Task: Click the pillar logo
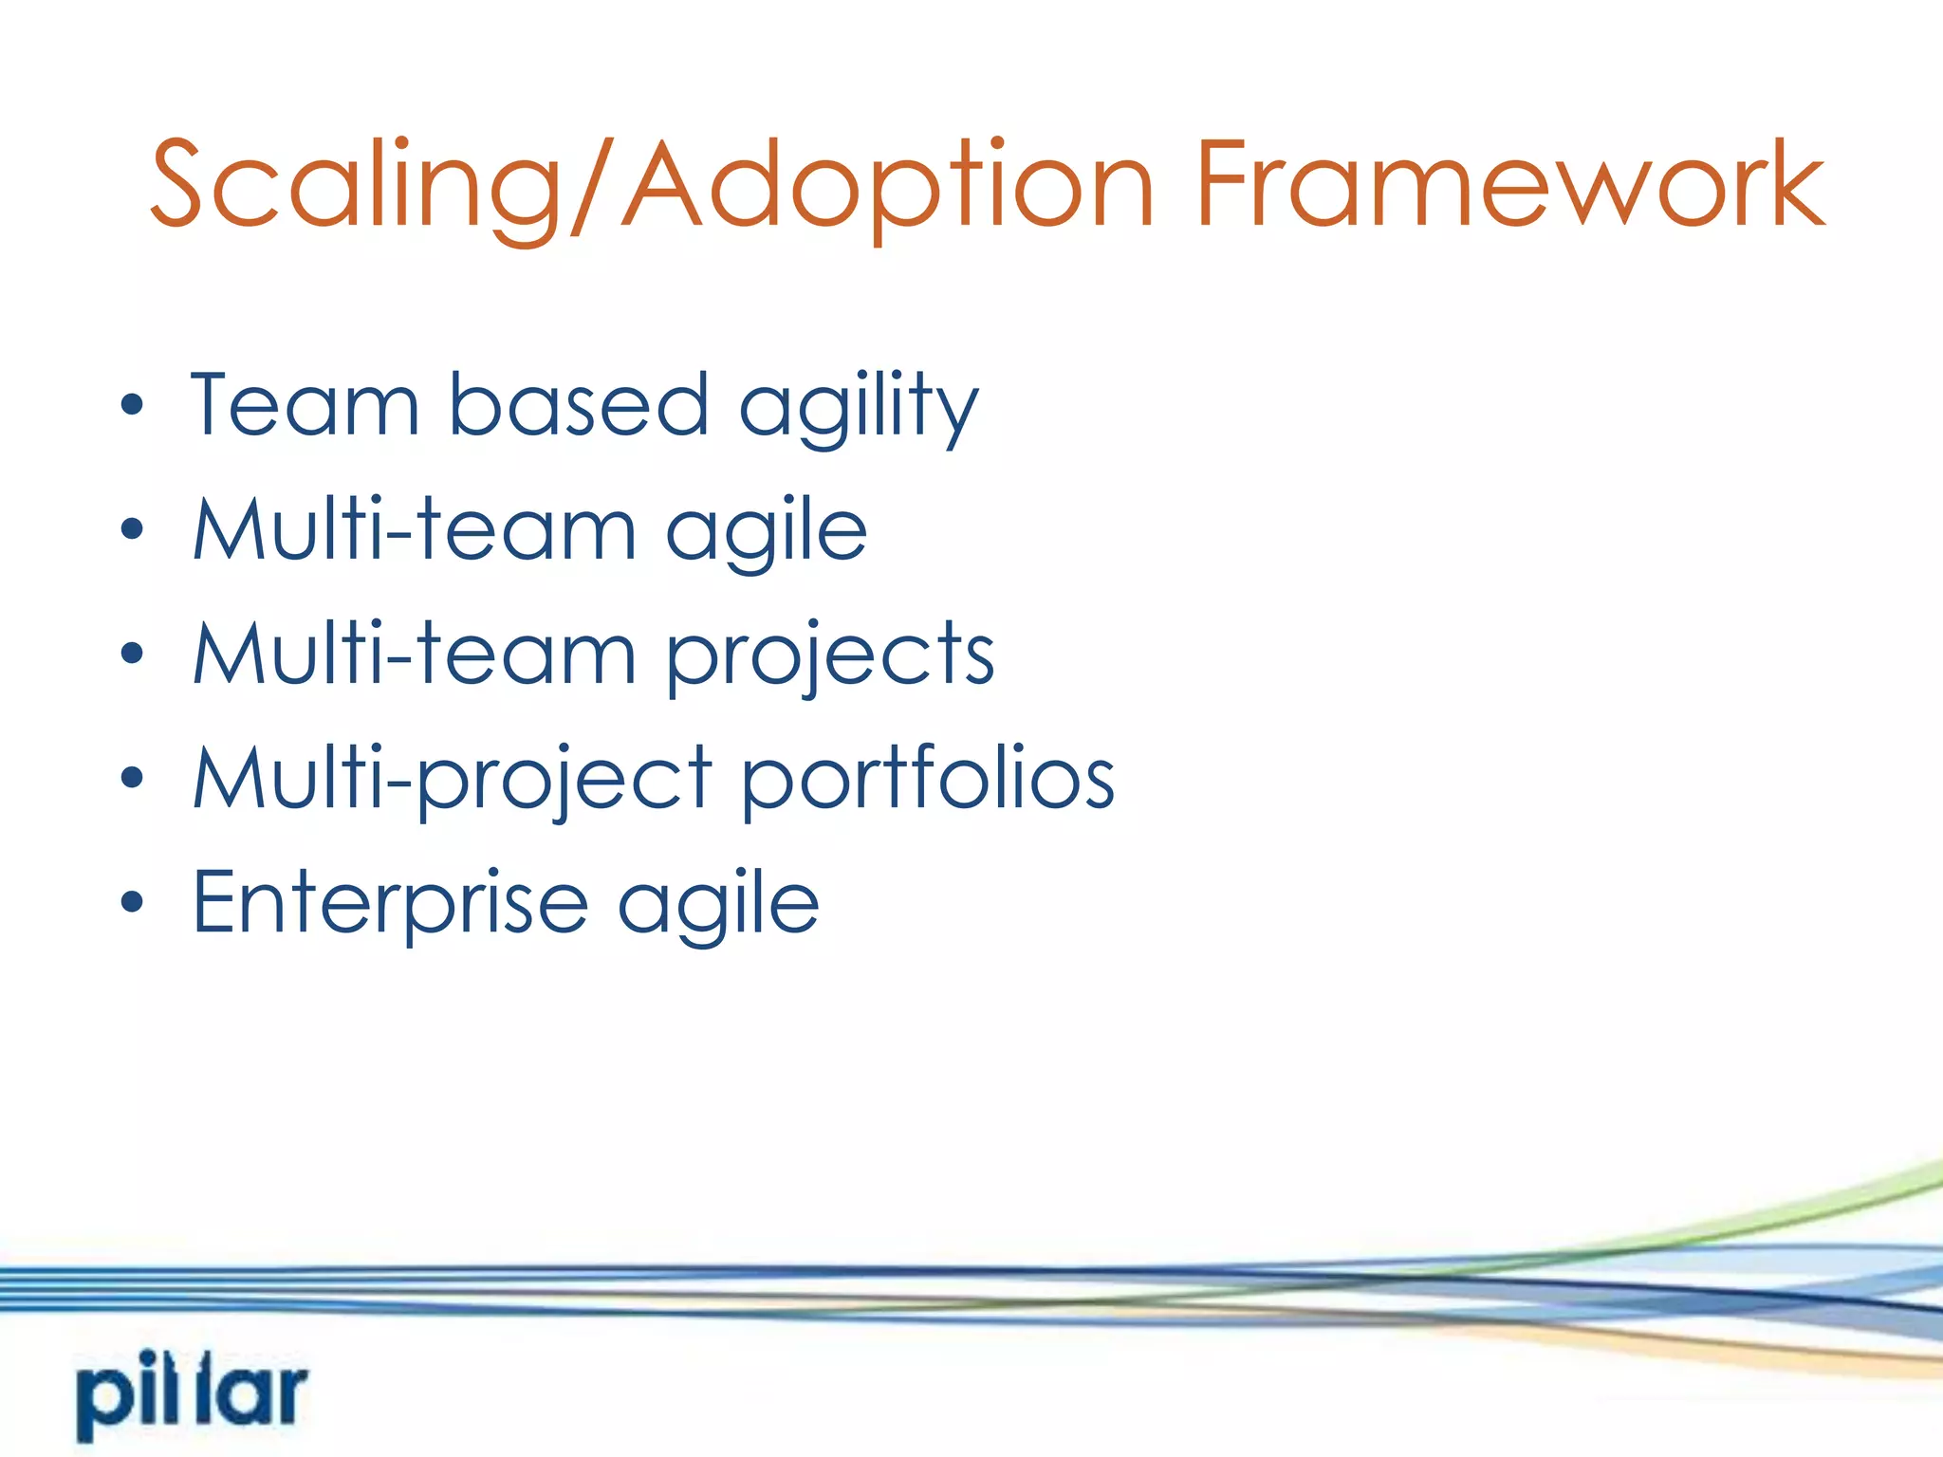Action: (193, 1394)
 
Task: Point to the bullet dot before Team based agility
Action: (132, 406)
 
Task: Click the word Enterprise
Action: (390, 903)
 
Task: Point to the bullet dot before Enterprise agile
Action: (132, 902)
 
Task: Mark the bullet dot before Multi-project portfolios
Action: (132, 778)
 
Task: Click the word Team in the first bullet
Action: (305, 405)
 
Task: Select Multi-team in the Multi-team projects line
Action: (414, 654)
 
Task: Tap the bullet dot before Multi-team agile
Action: (132, 528)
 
